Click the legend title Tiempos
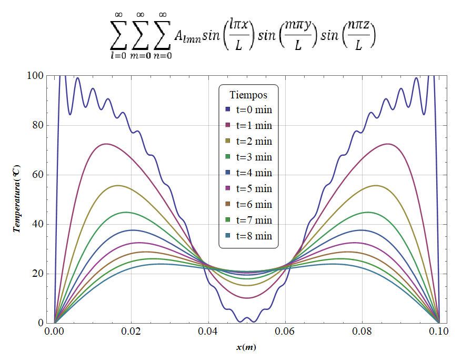(x=248, y=95)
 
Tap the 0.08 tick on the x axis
(x=362, y=332)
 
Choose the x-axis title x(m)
(x=247, y=347)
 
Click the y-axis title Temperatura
(x=17, y=199)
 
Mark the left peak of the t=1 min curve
(x=106, y=144)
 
